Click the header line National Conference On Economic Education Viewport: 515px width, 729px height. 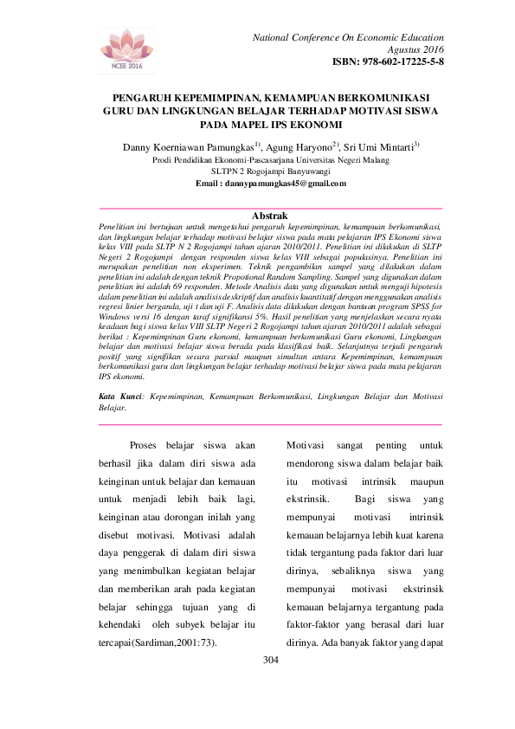point(348,37)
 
